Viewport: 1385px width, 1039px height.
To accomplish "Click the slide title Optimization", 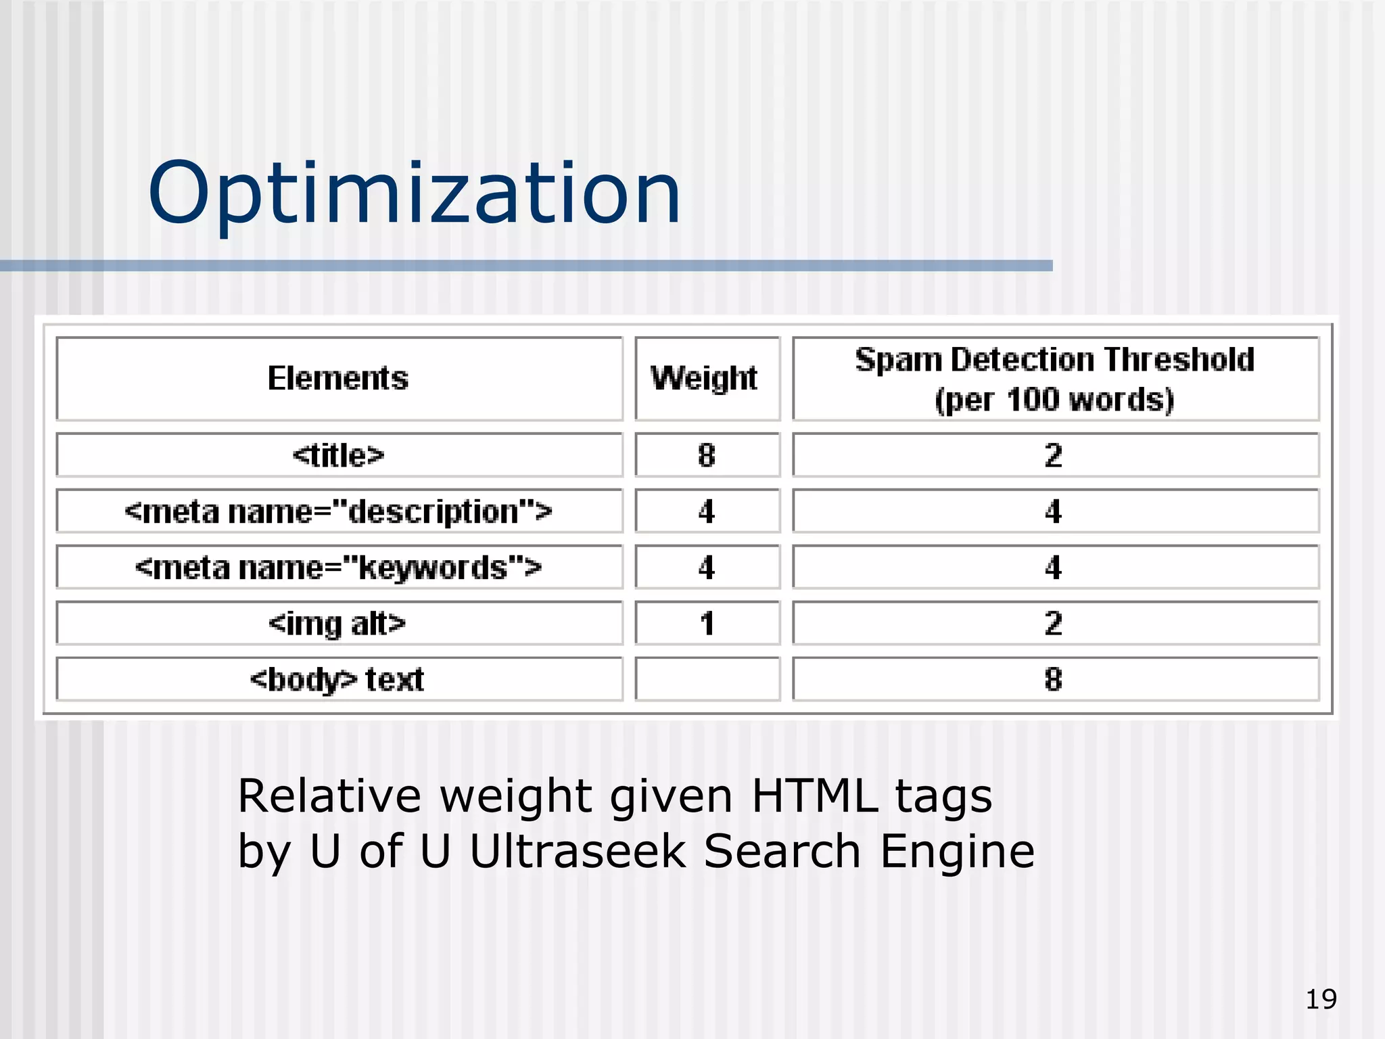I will coord(414,193).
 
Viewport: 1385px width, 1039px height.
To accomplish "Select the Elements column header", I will coord(338,378).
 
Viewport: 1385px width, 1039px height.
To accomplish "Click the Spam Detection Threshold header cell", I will coord(1054,379).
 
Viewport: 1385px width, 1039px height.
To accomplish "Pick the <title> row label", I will coord(338,455).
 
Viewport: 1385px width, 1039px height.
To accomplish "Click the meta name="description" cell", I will coord(338,511).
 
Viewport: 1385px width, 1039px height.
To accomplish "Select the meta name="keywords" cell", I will coord(338,568).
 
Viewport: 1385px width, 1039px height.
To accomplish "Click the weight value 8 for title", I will coord(707,455).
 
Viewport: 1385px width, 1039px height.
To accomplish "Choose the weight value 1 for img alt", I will coord(707,623).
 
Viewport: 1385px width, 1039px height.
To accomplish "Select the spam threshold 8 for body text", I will coord(1053,679).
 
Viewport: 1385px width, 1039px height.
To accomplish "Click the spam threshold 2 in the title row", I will coord(1053,455).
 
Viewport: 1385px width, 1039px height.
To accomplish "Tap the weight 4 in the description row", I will coord(707,511).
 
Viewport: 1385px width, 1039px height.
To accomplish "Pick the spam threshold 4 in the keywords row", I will coord(1053,568).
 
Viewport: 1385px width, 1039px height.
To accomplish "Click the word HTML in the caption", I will coord(814,796).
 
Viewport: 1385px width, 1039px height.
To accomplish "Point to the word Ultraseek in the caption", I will coord(578,851).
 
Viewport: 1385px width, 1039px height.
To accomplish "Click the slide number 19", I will coord(1320,999).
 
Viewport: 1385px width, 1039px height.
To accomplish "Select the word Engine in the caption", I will coord(957,852).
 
